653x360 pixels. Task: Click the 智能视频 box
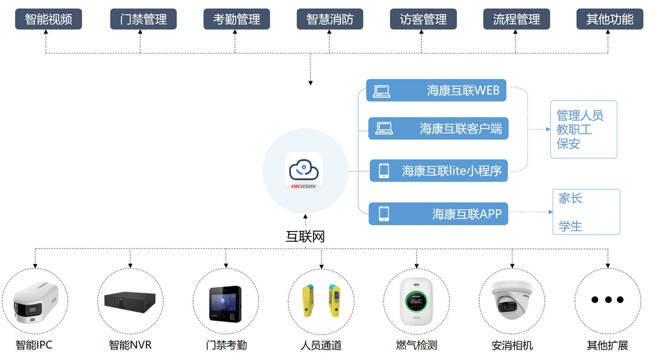48,19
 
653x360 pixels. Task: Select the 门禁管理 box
143,19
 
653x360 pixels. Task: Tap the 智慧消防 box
330,19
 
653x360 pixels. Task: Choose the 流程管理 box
516,19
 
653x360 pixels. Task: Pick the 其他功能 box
610,19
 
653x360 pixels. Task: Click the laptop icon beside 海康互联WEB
382,91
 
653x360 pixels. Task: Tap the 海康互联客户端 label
461,129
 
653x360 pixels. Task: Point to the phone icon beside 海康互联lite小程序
384,171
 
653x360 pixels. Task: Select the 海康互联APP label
467,214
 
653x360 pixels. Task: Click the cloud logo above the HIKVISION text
304,169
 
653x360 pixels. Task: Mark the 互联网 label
305,236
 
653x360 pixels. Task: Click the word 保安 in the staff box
569,144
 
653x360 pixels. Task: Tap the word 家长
570,198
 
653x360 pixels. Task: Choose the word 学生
570,226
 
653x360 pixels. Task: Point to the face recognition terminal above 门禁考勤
226,304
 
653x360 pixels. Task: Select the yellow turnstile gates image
321,301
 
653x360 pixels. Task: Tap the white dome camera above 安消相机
512,300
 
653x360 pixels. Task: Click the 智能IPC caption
34,345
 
